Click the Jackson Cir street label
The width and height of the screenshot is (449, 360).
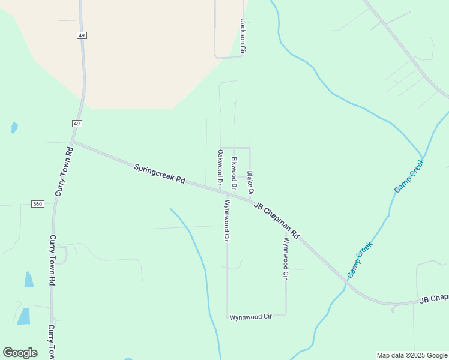[x=243, y=37]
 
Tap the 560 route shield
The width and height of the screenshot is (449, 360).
[x=38, y=205]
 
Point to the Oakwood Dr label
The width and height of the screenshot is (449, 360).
[x=220, y=167]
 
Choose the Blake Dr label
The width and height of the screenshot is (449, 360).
[x=250, y=184]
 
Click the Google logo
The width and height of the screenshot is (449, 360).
[x=20, y=353]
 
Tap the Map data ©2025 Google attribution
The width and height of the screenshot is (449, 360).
[x=412, y=355]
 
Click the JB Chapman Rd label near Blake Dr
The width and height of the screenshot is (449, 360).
[x=276, y=220]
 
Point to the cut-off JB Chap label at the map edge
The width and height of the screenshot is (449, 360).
[x=433, y=298]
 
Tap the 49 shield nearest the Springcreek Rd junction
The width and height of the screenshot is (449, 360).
[x=77, y=123]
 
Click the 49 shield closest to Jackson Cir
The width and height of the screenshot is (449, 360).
[x=82, y=35]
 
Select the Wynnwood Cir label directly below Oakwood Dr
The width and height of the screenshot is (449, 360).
[x=227, y=221]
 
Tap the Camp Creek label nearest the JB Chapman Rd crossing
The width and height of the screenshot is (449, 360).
[x=360, y=259]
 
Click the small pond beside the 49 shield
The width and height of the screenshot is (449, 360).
[x=14, y=127]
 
